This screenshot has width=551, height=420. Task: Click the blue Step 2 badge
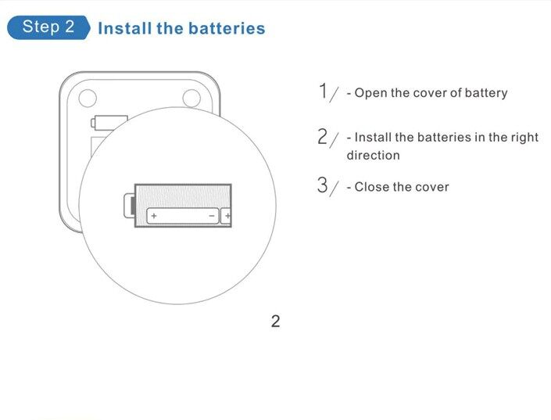click(48, 27)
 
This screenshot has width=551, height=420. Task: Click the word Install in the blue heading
click(124, 28)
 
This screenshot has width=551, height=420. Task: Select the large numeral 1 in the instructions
click(323, 91)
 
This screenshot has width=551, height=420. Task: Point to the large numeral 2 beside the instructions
click(322, 137)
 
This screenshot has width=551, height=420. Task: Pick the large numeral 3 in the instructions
click(322, 185)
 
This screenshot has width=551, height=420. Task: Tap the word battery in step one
click(486, 93)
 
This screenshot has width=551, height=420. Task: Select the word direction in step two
click(373, 155)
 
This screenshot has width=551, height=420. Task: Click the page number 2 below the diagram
click(275, 321)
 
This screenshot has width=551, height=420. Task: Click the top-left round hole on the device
click(88, 98)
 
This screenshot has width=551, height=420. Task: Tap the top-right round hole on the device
click(191, 98)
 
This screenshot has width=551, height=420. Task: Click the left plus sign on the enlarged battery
click(154, 216)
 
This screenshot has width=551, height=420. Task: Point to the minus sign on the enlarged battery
click(213, 216)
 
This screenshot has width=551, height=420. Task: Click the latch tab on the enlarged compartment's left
click(129, 206)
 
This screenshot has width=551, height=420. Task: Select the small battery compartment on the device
click(109, 122)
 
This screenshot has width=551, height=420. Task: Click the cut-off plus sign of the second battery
click(227, 216)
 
